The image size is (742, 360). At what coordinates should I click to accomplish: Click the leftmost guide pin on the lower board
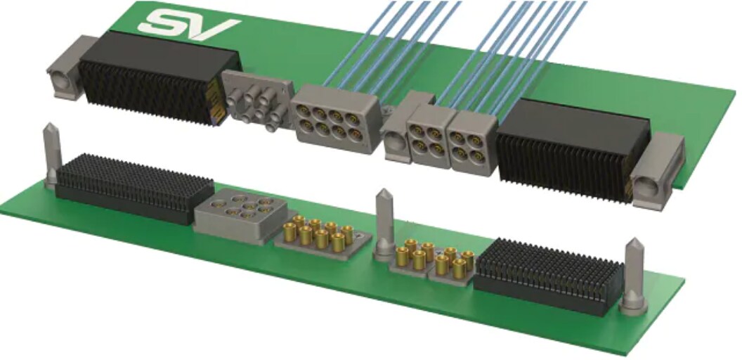51,155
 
